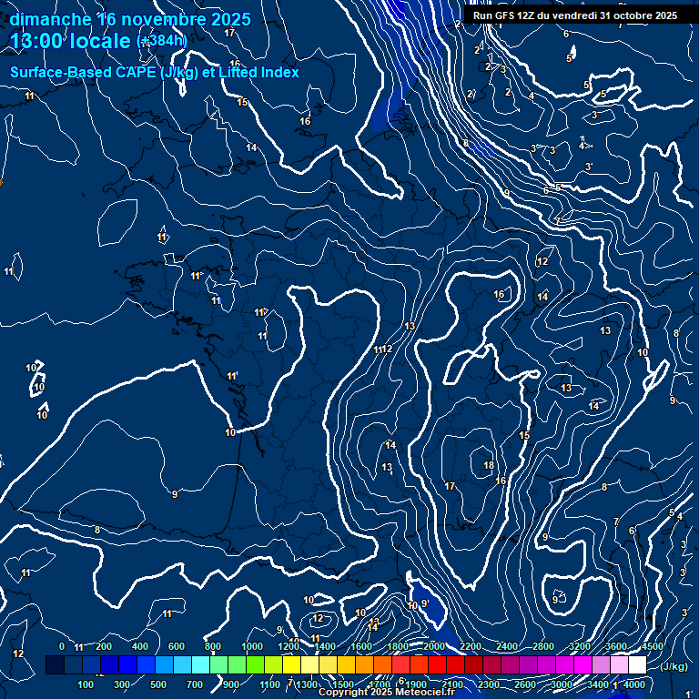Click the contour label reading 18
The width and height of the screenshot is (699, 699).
click(489, 465)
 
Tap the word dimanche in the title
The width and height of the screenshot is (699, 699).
click(50, 19)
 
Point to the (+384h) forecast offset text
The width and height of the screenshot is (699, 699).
click(161, 41)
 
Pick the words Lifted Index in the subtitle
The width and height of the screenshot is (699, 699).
click(258, 73)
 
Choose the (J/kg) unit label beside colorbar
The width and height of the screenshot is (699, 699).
click(674, 666)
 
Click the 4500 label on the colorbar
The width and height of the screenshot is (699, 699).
click(653, 646)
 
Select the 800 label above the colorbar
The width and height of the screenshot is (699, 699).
click(213, 646)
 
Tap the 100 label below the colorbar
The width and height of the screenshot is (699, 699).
click(86, 684)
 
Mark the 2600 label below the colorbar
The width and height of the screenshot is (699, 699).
click(525, 684)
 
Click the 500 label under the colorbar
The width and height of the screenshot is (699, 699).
click(158, 684)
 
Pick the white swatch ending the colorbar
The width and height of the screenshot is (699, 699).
click(637, 665)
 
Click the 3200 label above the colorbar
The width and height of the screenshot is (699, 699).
click(580, 646)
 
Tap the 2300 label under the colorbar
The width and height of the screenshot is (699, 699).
click(489, 684)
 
